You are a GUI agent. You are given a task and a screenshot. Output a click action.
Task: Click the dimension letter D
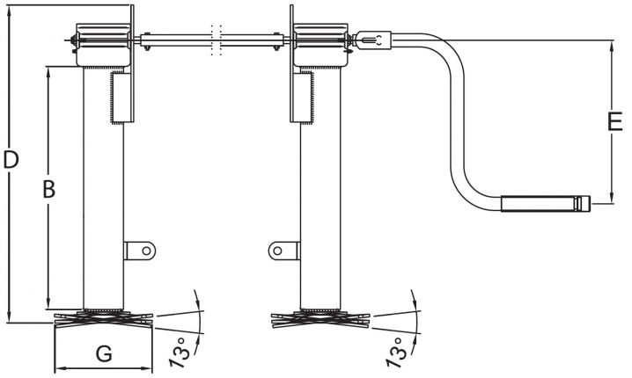[x=11, y=160]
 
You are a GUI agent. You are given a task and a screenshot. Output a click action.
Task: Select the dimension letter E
[x=615, y=122]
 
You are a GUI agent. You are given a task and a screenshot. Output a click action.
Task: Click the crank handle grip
[x=539, y=204]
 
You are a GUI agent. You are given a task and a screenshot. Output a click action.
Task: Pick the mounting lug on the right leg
[x=281, y=251]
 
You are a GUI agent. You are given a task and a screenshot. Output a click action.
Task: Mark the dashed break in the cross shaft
[x=215, y=40]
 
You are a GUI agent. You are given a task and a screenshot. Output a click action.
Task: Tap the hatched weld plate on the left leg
[x=121, y=98]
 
